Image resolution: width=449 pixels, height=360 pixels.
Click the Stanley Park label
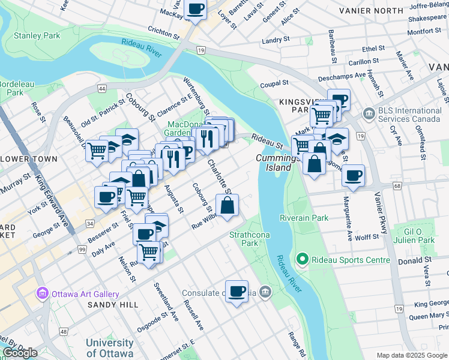click(37, 36)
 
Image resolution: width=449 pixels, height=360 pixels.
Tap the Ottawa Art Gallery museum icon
click(42, 294)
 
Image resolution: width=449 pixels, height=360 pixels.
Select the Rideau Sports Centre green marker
click(302, 260)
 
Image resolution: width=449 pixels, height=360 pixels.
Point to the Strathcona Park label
click(244, 239)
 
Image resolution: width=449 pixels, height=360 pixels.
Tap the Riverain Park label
click(304, 218)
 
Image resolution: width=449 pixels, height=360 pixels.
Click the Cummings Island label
click(277, 163)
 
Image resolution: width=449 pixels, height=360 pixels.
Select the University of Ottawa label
click(109, 347)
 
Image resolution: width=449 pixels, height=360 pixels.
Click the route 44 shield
click(102, 89)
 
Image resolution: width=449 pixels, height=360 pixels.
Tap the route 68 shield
click(398, 186)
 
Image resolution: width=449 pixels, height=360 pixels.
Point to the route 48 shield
click(64, 331)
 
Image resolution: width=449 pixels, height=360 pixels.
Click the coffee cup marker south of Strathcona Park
click(237, 291)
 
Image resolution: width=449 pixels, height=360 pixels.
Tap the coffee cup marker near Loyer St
click(195, 9)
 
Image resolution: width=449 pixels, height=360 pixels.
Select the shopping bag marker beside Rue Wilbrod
click(228, 206)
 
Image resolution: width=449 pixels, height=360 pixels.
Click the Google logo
click(20, 353)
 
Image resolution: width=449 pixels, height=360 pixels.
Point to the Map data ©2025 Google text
click(411, 355)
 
